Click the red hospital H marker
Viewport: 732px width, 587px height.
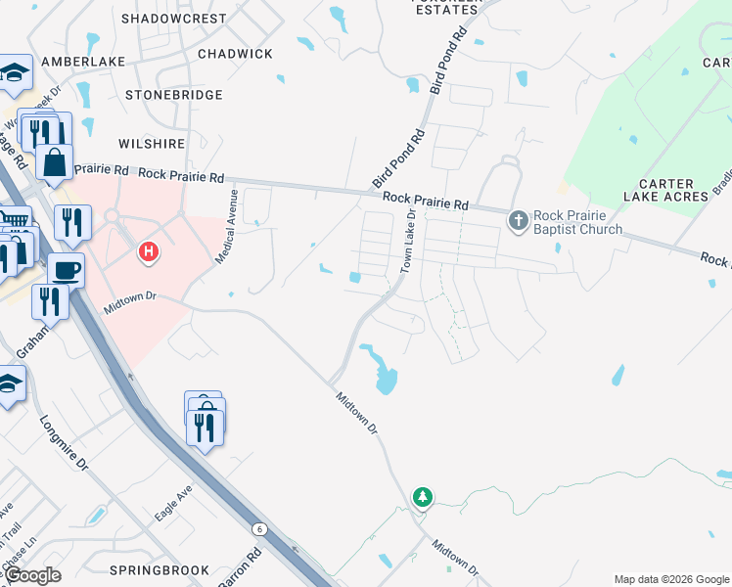(148, 253)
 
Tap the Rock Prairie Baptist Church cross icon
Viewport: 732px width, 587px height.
(519, 221)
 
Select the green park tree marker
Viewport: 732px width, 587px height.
(423, 498)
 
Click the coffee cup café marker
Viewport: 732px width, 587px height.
(66, 270)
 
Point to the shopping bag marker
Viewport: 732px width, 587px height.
(55, 162)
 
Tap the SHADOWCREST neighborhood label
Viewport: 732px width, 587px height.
(174, 19)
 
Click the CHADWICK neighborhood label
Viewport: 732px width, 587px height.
(235, 54)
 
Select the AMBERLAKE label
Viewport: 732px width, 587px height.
(81, 62)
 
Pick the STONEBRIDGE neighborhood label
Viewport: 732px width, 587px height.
(171, 95)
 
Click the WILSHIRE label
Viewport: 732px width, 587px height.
(152, 144)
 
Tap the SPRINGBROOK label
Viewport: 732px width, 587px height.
(160, 570)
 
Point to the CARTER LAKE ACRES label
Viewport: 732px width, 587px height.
(665, 190)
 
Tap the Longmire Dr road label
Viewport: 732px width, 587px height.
(65, 442)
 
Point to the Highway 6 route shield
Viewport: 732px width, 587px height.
(259, 529)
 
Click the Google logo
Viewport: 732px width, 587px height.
(31, 575)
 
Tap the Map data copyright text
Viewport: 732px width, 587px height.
(670, 579)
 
